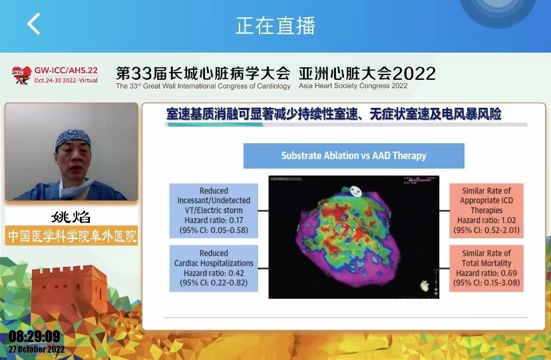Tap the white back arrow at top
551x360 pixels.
pos(33,24)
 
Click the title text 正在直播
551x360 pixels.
pos(275,25)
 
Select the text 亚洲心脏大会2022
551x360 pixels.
pos(367,72)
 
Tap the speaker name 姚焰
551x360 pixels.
pos(71,217)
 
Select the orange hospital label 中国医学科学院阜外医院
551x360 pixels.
pos(71,236)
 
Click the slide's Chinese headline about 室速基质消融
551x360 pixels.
pos(333,114)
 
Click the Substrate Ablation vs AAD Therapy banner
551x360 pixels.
pos(353,156)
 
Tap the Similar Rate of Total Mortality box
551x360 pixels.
pos(486,268)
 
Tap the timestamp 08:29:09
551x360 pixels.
pos(35,337)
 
